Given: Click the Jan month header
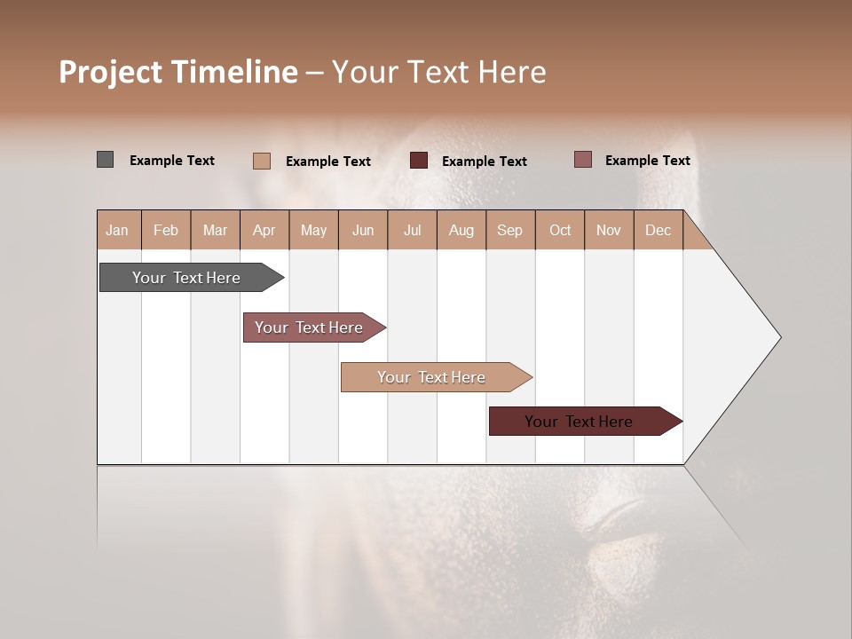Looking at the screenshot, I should (117, 230).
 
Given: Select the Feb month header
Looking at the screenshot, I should (166, 230).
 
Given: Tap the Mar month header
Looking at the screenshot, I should (215, 230).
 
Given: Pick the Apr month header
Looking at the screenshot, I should (264, 230).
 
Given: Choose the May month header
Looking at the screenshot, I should (313, 230).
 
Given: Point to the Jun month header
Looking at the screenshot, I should (363, 230).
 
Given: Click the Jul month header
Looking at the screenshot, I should (412, 230).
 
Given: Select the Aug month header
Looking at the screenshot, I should (461, 230).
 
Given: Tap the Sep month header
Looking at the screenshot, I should (510, 230).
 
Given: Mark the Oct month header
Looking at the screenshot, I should (560, 230).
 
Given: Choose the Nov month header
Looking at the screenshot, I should (609, 230).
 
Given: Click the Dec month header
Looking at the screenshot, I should (659, 230).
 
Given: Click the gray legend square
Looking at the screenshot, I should (106, 160).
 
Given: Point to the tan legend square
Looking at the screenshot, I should (262, 161).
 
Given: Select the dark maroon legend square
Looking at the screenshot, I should (419, 161).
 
